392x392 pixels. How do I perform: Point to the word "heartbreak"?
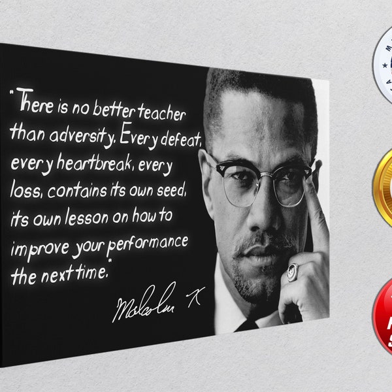pyautogui.click(x=95, y=165)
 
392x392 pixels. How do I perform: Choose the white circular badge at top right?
pyautogui.click(x=384, y=62)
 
